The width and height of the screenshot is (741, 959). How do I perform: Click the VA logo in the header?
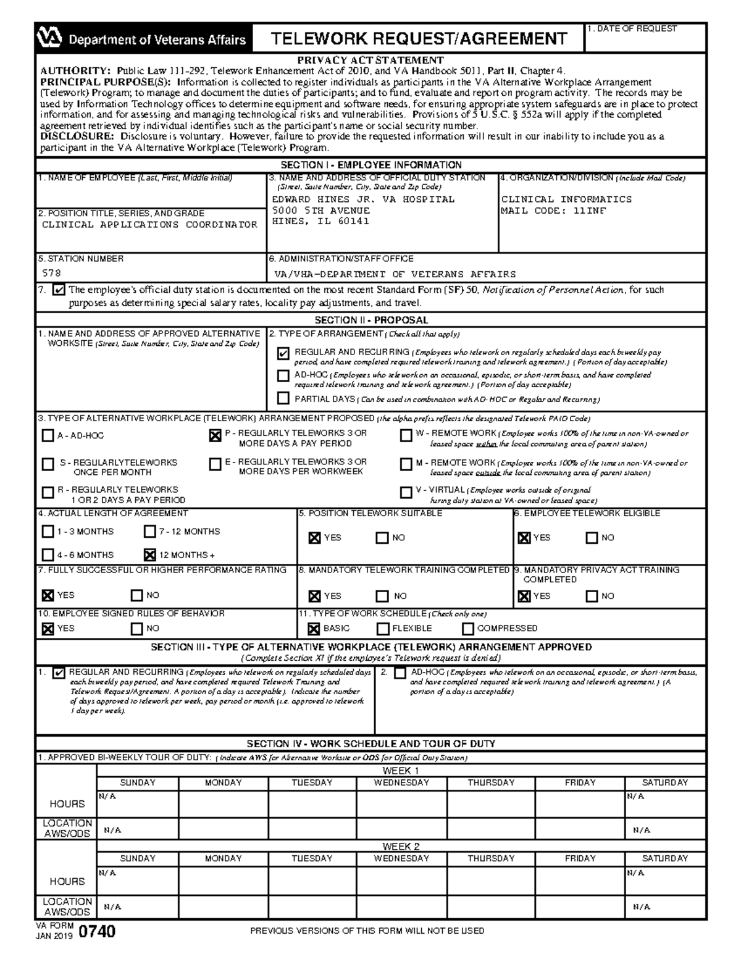coord(50,38)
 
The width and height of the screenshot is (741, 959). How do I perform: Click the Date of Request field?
coord(645,41)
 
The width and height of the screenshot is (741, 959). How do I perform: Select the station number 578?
coord(51,273)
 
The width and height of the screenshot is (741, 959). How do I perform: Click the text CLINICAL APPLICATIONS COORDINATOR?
coord(149,225)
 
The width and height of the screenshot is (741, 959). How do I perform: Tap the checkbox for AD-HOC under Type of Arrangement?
coord(283,375)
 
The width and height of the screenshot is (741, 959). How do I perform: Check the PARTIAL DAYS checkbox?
coord(283,398)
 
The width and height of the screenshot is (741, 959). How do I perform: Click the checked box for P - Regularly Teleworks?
coord(215,436)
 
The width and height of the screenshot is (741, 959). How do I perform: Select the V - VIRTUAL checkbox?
coord(406,492)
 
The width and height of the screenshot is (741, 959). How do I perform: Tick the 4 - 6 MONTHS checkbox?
coord(48,555)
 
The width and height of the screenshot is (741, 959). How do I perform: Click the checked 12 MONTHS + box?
coord(149,555)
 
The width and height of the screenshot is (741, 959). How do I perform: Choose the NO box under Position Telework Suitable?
coord(382,538)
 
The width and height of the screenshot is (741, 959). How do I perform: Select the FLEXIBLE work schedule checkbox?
coord(383,629)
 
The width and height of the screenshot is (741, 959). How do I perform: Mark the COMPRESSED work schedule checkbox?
coord(467,629)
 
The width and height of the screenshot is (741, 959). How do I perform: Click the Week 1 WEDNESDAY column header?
coord(401,782)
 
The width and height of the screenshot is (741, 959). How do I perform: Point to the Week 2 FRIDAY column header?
coord(580,858)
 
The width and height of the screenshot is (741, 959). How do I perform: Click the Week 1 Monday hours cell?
coord(223,803)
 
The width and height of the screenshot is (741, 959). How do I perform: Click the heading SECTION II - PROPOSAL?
coord(371,320)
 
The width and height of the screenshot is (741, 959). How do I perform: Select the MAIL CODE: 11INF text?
coord(553,211)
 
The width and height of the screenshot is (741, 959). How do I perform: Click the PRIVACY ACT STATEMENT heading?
coord(371,60)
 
